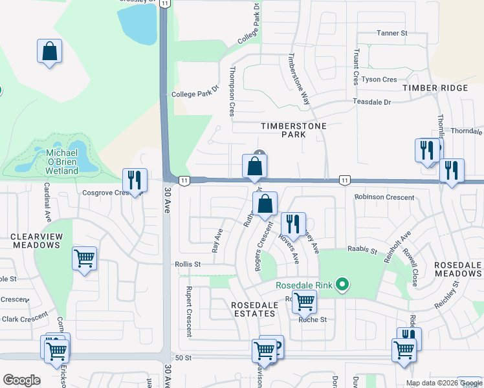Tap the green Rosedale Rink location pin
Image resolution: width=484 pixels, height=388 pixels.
pyautogui.click(x=344, y=285)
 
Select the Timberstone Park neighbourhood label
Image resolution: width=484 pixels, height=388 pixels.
pyautogui.click(x=292, y=130)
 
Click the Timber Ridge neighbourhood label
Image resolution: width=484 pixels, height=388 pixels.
pyautogui.click(x=435, y=88)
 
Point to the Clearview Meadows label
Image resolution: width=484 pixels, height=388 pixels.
pyautogui.click(x=36, y=241)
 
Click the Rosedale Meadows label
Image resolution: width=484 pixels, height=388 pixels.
pyautogui.click(x=458, y=270)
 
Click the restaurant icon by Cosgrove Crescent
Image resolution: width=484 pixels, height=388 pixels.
pyautogui.click(x=135, y=180)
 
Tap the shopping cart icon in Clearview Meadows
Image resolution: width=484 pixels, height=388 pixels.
pyautogui.click(x=85, y=259)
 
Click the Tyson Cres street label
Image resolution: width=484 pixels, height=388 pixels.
pyautogui.click(x=379, y=80)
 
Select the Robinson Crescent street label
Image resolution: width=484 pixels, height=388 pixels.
pyautogui.click(x=384, y=197)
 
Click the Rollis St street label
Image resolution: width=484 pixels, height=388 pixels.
pyautogui.click(x=188, y=264)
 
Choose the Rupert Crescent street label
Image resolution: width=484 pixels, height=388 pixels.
pyautogui.click(x=189, y=311)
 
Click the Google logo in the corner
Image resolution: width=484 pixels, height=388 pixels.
pyautogui.click(x=21, y=380)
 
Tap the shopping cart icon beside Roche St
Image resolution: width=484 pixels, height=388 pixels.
pyautogui.click(x=304, y=300)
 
